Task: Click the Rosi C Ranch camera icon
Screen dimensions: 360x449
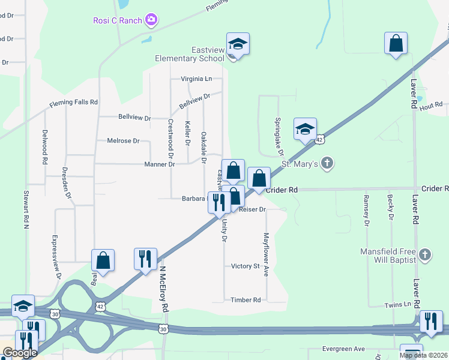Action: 151,20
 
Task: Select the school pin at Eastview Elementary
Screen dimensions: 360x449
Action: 238,44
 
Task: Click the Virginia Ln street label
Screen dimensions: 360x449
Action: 196,79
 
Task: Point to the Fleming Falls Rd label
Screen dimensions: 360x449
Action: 73,103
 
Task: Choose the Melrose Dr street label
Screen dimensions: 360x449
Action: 122,141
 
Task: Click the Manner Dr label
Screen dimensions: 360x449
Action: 159,164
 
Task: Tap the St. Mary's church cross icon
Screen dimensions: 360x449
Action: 327,163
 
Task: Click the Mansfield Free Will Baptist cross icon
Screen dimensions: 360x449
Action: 425,255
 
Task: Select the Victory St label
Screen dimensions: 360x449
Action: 245,266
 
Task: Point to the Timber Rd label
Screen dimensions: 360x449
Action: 246,300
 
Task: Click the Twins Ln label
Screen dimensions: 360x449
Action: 397,305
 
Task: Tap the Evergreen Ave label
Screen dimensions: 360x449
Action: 343,349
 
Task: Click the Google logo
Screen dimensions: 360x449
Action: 19,353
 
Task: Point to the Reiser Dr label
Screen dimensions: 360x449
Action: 252,209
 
